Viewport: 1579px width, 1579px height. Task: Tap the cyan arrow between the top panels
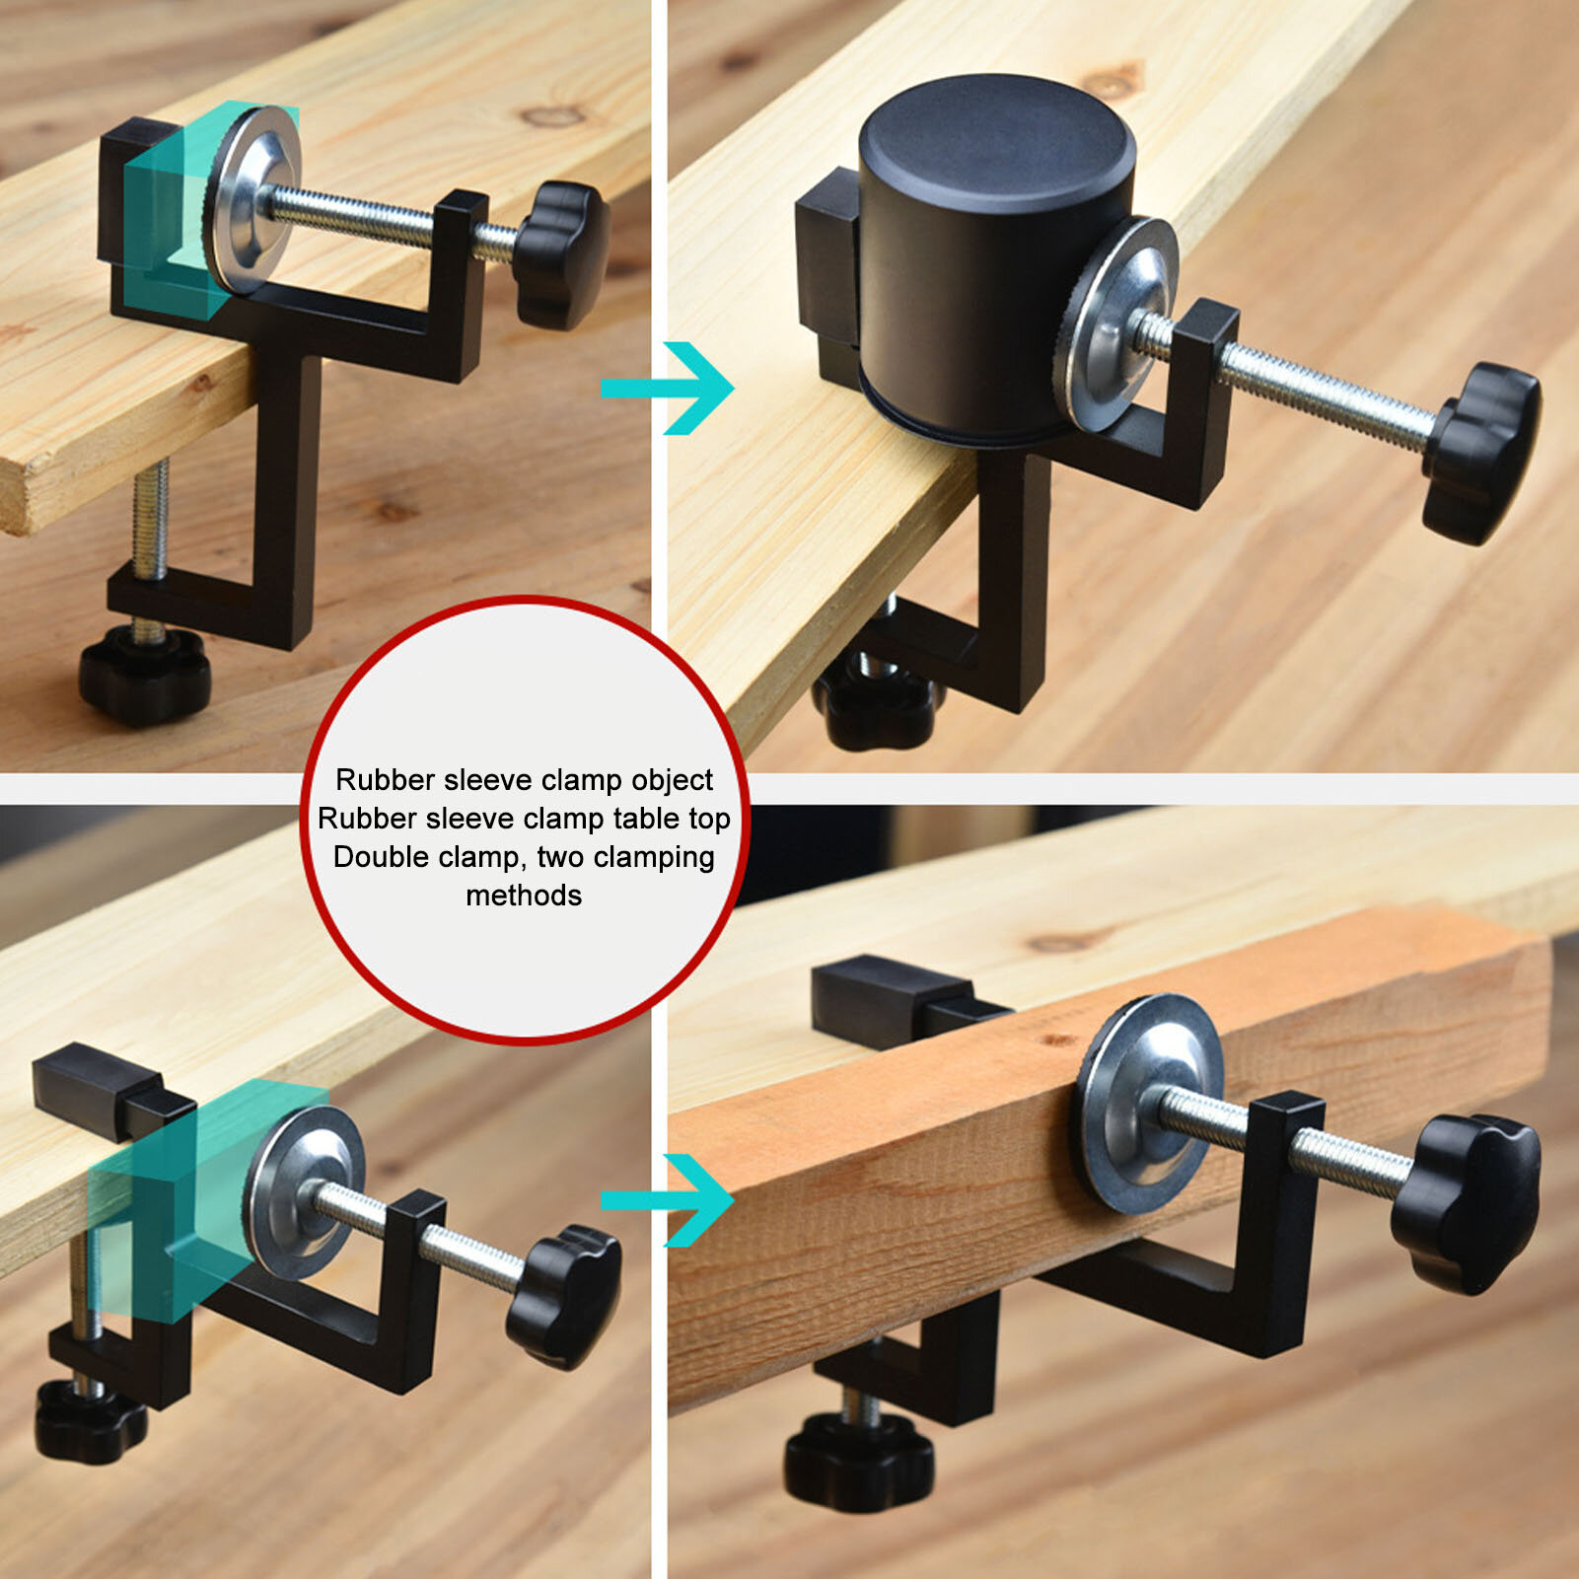668,388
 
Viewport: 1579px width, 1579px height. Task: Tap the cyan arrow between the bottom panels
668,1199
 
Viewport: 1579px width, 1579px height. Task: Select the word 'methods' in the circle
524,896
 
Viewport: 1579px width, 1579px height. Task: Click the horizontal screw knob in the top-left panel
561,253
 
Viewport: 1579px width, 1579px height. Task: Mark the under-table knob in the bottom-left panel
90,1421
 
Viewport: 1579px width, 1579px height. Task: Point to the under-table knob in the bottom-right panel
859,1461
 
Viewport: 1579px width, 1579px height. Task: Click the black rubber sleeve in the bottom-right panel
893,999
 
